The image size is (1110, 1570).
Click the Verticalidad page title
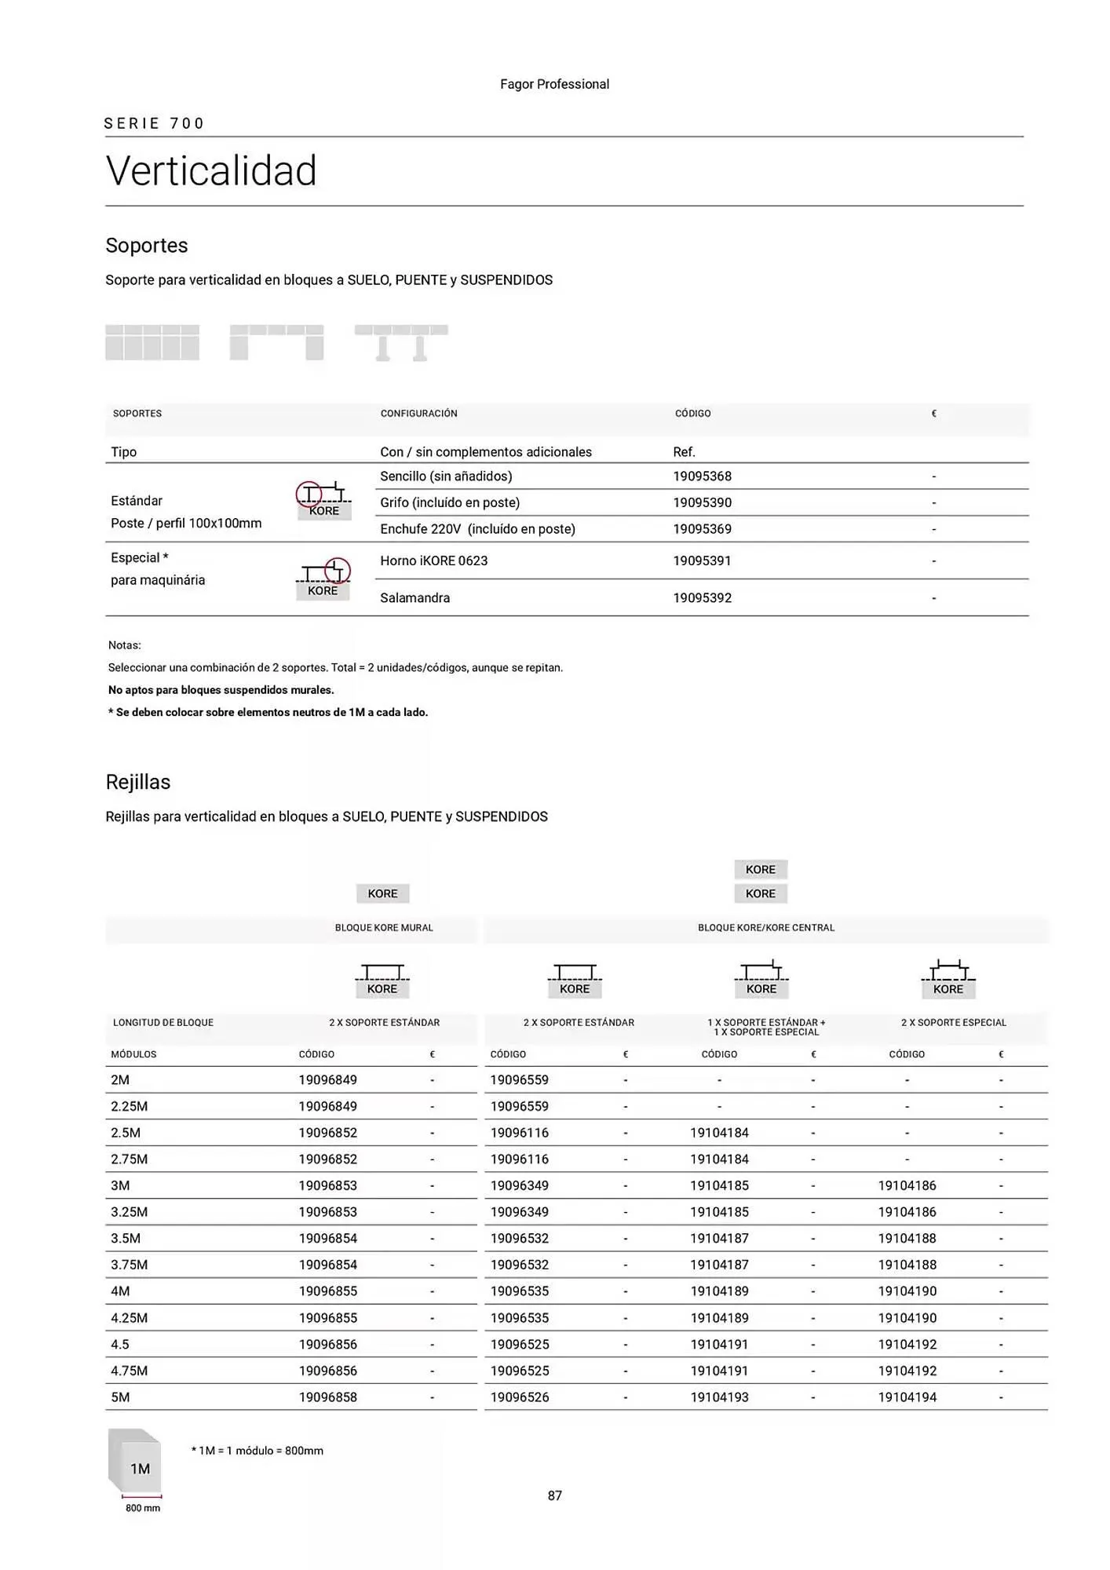pos(211,171)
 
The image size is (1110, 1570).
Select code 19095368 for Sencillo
pos(702,476)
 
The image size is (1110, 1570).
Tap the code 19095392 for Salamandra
pos(702,598)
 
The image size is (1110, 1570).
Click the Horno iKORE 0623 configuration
pos(433,560)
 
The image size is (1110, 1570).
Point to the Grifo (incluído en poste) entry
pos(450,502)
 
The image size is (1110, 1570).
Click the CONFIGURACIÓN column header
pos(418,414)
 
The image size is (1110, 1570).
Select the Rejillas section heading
pos(138,782)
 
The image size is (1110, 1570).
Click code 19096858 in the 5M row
pos(327,1397)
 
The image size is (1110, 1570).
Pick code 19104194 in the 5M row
pos(907,1397)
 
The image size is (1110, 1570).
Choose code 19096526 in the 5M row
pos(519,1397)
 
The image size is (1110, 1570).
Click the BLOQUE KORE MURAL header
pos(384,928)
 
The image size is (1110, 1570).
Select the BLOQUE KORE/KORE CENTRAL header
pos(765,928)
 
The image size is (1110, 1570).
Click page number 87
pos(554,1496)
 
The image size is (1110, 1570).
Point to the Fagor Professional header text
pos(554,85)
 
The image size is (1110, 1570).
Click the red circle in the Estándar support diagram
pos(309,495)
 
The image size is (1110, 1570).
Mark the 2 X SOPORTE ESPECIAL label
pos(953,1023)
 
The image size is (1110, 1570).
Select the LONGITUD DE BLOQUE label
pos(163,1023)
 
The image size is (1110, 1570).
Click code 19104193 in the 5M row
pos(719,1397)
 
